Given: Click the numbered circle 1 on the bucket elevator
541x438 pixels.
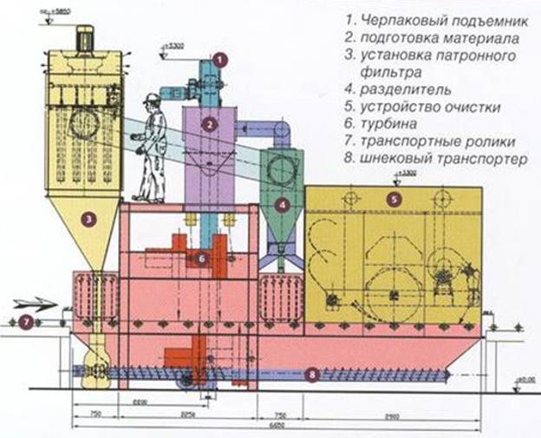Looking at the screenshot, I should (x=220, y=60).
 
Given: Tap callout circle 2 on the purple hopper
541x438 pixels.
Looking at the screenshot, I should (x=209, y=124).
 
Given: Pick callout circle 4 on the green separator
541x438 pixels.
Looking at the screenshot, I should (x=283, y=206).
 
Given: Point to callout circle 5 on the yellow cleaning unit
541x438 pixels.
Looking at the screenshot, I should (x=394, y=199).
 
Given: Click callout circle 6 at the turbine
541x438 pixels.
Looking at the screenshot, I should (x=200, y=258).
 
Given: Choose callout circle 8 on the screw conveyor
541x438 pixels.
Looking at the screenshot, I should (x=312, y=375).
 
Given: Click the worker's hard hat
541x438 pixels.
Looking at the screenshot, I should (x=153, y=98).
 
